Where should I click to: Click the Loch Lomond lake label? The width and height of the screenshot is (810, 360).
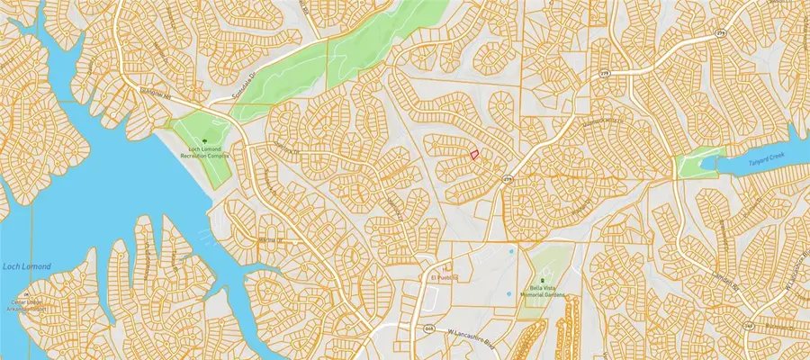click(26, 265)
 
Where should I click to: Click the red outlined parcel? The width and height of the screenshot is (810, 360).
click(474, 155)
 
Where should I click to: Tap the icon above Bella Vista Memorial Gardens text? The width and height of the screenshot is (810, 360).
click(543, 281)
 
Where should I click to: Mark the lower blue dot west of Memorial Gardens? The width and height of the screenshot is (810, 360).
click(508, 293)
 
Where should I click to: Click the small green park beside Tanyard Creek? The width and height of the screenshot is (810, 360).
click(688, 166)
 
